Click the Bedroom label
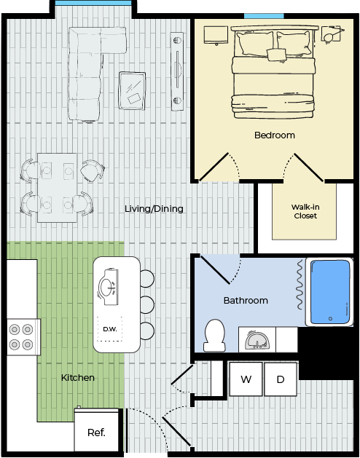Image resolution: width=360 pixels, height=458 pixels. [274, 135]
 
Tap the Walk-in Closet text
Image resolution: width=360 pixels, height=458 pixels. [305, 211]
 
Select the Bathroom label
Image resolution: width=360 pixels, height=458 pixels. [246, 300]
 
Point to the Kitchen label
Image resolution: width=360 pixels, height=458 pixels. [78, 377]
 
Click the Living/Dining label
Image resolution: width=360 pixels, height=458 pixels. [154, 208]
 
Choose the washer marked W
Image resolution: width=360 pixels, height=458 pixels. [246, 379]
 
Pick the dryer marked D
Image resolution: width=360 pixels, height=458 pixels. [281, 379]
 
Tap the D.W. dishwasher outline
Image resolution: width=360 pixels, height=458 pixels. [109, 329]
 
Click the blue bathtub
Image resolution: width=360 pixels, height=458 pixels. [330, 292]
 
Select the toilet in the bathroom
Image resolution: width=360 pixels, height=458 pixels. [215, 336]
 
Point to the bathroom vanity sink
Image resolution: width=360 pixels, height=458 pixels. [257, 341]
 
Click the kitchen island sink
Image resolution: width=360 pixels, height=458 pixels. [108, 287]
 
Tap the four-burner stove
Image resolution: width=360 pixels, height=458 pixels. [21, 337]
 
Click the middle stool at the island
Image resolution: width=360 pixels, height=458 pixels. [146, 304]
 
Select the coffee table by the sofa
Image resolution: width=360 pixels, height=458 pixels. [132, 91]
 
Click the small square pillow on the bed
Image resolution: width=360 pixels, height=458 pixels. [276, 55]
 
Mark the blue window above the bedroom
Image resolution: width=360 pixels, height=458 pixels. [264, 16]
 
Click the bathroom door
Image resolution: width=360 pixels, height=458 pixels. [215, 269]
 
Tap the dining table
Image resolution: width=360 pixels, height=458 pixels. [58, 188]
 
